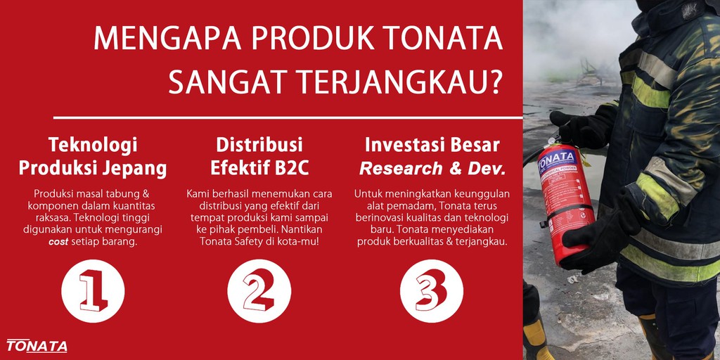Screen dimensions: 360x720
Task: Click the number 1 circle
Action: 93,290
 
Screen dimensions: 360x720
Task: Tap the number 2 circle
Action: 259,290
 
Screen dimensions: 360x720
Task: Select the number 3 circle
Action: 432,290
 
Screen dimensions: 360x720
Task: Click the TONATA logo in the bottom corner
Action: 37,346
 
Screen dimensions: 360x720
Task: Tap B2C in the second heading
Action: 290,169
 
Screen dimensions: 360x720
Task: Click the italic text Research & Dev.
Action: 432,169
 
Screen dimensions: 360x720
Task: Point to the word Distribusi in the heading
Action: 259,146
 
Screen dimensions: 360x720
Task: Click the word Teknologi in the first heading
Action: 93,146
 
